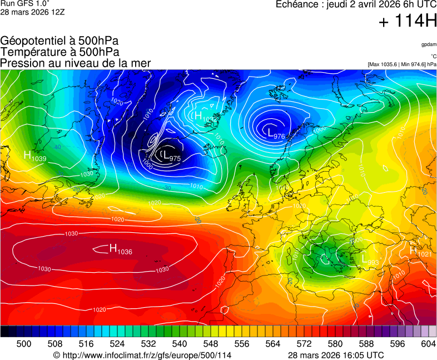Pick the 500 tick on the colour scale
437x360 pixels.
tap(24, 344)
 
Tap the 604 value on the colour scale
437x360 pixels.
tap(428, 344)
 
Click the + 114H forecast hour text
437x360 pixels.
tap(408, 22)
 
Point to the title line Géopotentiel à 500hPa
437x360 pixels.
tap(59, 41)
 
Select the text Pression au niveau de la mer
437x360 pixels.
tap(75, 63)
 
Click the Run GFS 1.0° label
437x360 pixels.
tap(25, 4)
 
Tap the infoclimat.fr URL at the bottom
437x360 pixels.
tap(142, 355)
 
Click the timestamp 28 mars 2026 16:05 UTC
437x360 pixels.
tap(336, 355)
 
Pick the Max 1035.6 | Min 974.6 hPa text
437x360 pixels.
tap(402, 64)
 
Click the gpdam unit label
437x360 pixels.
tap(429, 44)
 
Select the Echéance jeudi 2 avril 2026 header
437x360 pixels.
tap(356, 5)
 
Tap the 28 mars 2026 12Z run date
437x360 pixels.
tap(32, 12)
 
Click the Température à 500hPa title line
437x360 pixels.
tap(59, 52)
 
